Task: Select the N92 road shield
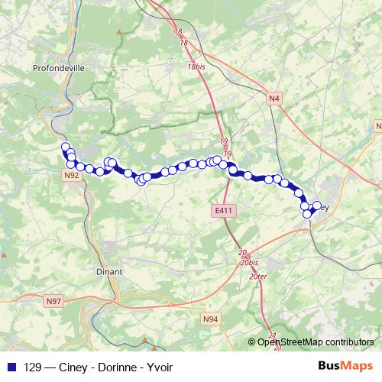tap(71, 175)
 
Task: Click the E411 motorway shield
tap(222, 209)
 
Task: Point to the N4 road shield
tap(275, 98)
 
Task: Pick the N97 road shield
tap(53, 302)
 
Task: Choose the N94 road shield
tap(210, 318)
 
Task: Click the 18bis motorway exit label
tap(196, 67)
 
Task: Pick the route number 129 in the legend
tap(33, 366)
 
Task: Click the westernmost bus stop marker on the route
tap(65, 147)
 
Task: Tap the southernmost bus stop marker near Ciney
tap(308, 214)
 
